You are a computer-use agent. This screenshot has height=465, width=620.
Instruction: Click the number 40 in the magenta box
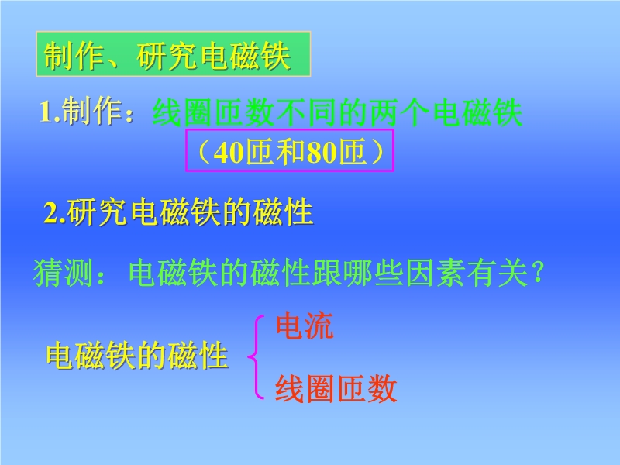(229, 153)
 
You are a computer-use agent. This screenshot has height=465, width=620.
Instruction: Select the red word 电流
(305, 325)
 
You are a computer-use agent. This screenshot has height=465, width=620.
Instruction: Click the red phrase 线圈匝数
(336, 388)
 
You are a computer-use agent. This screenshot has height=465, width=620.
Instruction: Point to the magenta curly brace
(253, 356)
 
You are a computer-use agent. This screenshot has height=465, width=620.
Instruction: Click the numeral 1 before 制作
(46, 112)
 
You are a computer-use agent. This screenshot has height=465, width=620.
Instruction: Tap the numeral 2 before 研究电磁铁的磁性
(51, 213)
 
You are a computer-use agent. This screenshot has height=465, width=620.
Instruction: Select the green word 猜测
(63, 273)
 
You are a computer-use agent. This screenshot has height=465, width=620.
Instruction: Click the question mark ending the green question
(539, 272)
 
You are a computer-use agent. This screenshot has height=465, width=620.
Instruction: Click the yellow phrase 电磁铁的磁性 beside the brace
(137, 356)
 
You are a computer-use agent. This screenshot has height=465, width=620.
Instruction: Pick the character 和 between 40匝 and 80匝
(291, 152)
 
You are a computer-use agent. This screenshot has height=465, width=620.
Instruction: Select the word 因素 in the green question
(436, 273)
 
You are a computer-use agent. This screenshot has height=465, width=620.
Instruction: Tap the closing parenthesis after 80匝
(378, 152)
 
